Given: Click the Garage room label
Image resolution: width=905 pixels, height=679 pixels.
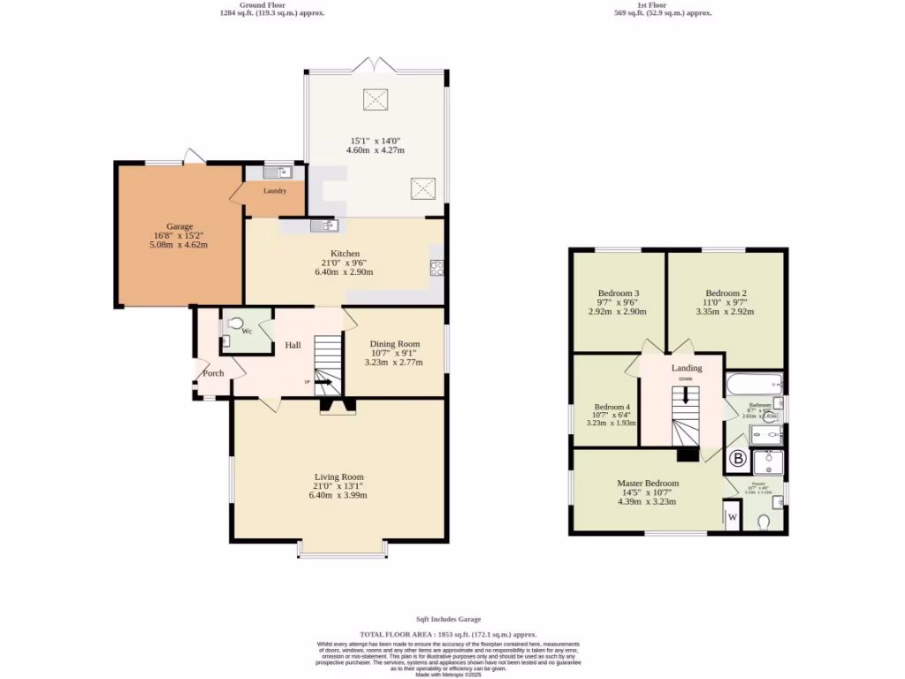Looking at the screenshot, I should [179, 226].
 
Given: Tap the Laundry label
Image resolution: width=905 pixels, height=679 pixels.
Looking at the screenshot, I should [275, 191].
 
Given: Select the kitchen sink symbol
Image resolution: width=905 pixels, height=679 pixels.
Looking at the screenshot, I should [324, 226].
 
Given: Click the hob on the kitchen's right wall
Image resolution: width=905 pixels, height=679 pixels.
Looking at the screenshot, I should [437, 268].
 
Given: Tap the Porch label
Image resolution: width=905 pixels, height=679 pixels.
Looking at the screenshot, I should [213, 373].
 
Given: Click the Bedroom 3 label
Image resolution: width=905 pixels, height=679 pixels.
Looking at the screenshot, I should [618, 294].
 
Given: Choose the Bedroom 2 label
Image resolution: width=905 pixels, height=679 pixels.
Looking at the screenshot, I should [726, 294].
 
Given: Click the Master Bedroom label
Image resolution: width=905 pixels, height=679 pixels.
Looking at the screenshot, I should [648, 484].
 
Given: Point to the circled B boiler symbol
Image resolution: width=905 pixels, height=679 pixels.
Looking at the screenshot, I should [737, 460].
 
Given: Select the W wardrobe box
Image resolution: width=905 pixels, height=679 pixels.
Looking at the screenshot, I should [733, 517].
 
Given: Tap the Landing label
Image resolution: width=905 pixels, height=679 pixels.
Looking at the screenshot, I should [687, 368].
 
